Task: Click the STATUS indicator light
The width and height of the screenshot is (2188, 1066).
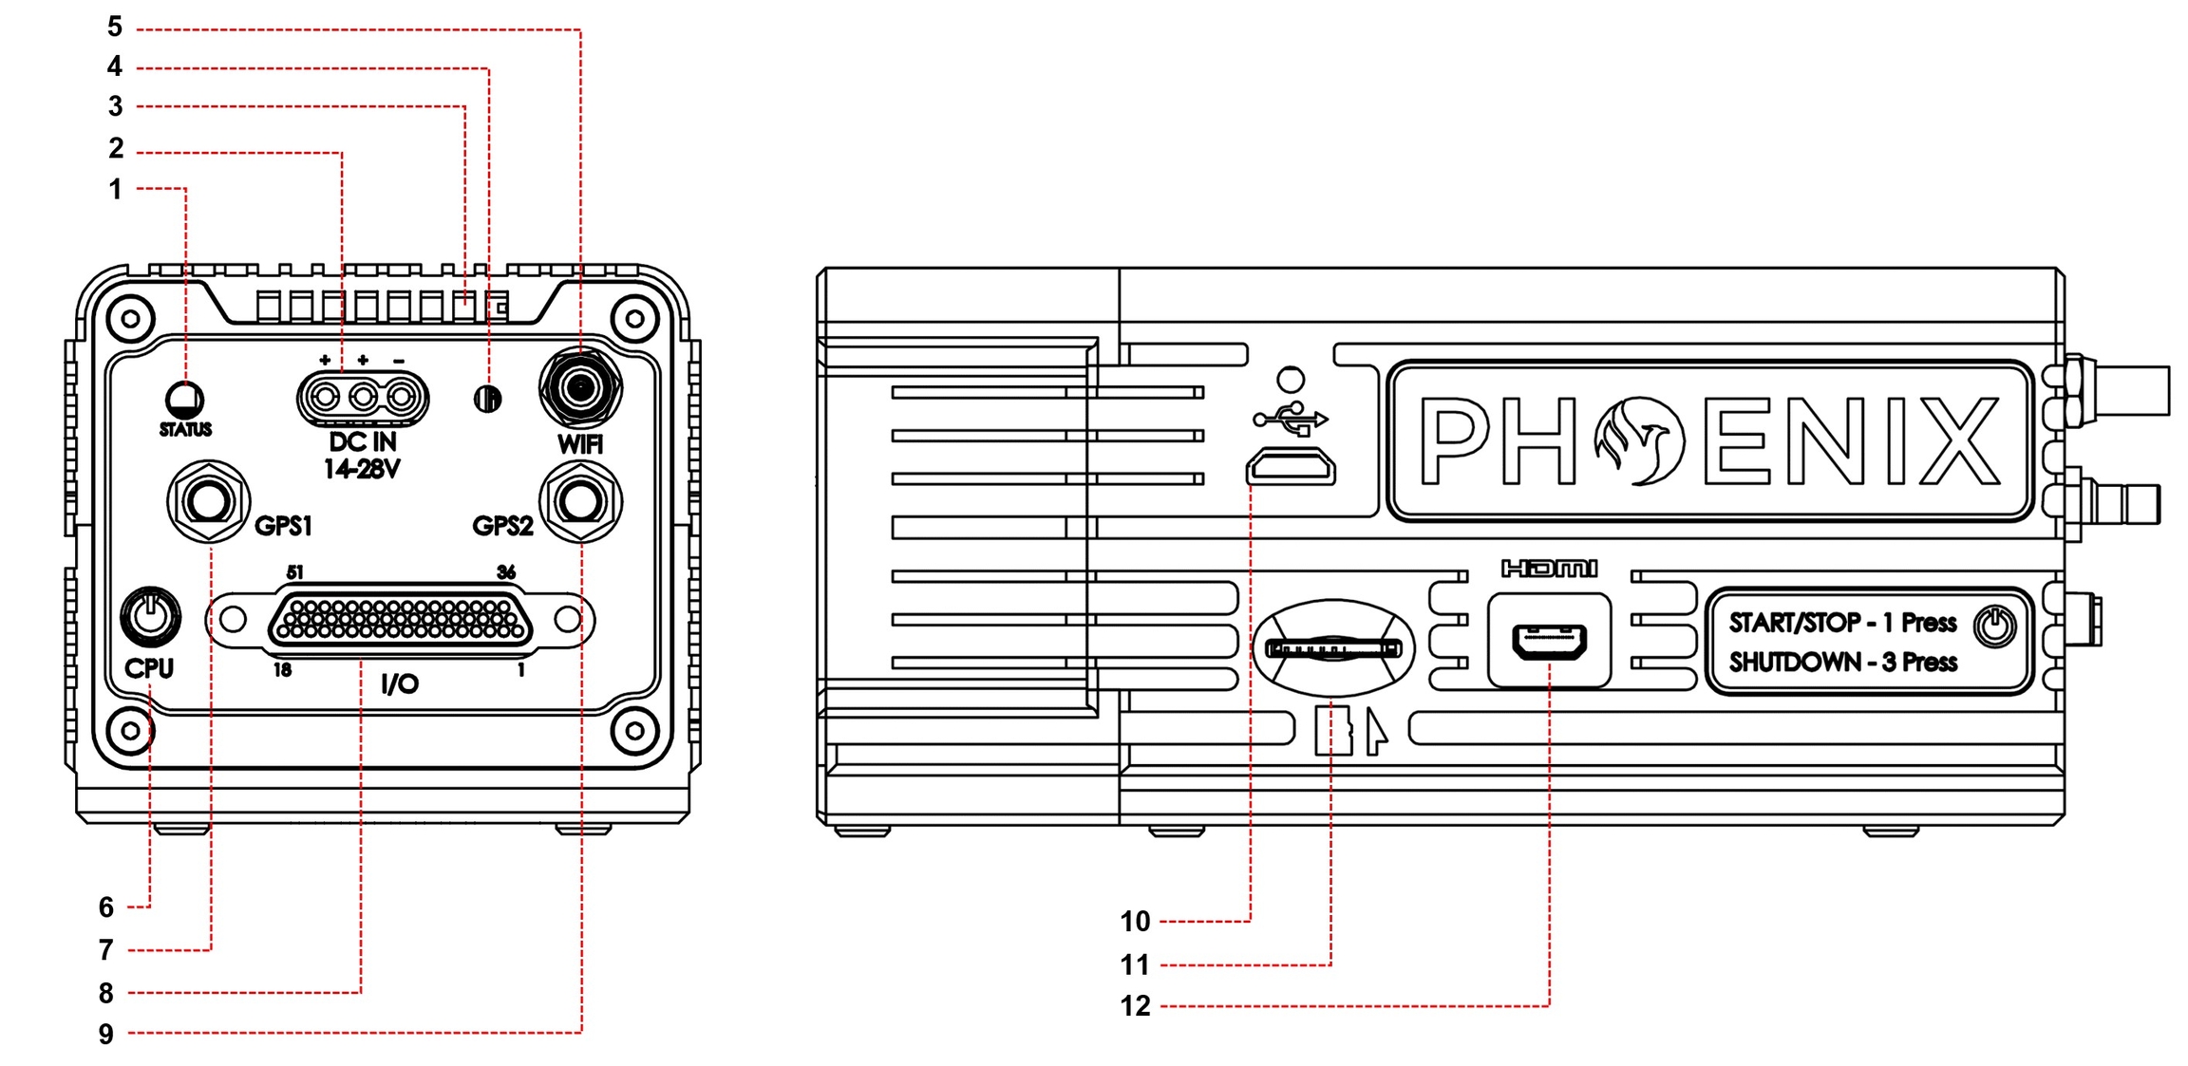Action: click(x=184, y=399)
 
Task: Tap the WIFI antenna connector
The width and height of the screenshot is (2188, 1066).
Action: click(x=579, y=387)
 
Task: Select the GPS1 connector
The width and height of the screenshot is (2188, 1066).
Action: click(x=208, y=501)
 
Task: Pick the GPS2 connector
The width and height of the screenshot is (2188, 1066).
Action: click(x=580, y=501)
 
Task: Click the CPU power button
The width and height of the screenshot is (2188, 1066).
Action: click(x=150, y=616)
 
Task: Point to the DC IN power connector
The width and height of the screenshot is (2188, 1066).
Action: click(x=363, y=397)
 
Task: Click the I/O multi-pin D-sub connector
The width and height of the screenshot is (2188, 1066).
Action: click(x=400, y=620)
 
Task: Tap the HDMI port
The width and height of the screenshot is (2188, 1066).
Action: click(x=1549, y=642)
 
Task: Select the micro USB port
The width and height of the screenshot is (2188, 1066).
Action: click(x=1291, y=467)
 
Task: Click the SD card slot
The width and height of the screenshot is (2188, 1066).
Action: click(x=1333, y=649)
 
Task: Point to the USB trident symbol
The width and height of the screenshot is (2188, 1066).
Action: click(x=1291, y=419)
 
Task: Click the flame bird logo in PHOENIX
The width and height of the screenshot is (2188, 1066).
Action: click(x=1640, y=440)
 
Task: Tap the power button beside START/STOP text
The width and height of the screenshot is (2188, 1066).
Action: click(x=1994, y=627)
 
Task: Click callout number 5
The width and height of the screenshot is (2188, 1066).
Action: click(x=115, y=27)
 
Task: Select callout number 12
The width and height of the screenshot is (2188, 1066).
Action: click(x=1135, y=1006)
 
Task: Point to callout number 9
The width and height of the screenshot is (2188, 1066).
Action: click(x=106, y=1034)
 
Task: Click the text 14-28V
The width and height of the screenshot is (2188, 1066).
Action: click(x=362, y=469)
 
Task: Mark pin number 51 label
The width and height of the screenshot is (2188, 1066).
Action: click(x=295, y=572)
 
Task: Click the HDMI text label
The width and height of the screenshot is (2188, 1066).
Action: click(x=1549, y=569)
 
